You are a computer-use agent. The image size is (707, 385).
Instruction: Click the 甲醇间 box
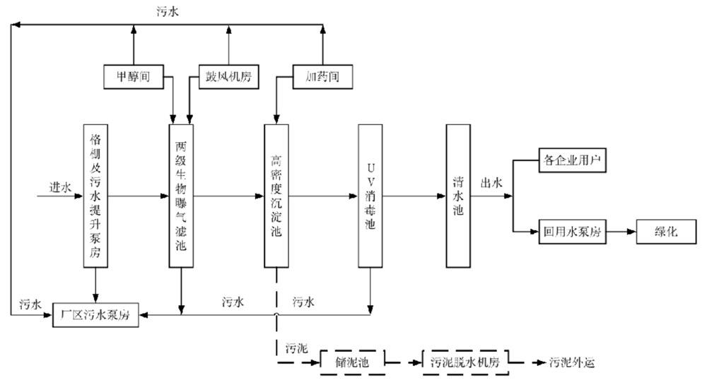pyautogui.click(x=134, y=75)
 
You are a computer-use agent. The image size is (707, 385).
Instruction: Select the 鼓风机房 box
pyautogui.click(x=228, y=75)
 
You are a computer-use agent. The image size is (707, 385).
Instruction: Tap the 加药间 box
pyautogui.click(x=322, y=75)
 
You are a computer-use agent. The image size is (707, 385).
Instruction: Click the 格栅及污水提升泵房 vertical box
pyautogui.click(x=96, y=196)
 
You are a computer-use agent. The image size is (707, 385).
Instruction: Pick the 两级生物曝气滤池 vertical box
pyautogui.click(x=181, y=196)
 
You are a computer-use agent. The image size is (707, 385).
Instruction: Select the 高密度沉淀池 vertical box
pyautogui.click(x=276, y=196)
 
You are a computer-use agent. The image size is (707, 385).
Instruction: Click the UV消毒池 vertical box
pyautogui.click(x=370, y=196)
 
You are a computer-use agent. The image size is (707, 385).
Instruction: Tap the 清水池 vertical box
pyautogui.click(x=458, y=196)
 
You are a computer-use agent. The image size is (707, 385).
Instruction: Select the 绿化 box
pyautogui.click(x=667, y=232)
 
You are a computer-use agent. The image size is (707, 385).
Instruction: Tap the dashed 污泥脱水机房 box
pyautogui.click(x=464, y=362)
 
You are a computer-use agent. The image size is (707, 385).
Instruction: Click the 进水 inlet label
pyautogui.click(x=59, y=186)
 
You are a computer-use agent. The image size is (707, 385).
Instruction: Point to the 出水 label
pyautogui.click(x=491, y=183)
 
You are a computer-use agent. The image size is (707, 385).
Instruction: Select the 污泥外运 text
pyautogui.click(x=573, y=362)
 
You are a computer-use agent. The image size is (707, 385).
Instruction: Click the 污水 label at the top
pyautogui.click(x=168, y=12)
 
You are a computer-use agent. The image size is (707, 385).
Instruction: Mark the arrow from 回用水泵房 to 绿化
pyautogui.click(x=621, y=232)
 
